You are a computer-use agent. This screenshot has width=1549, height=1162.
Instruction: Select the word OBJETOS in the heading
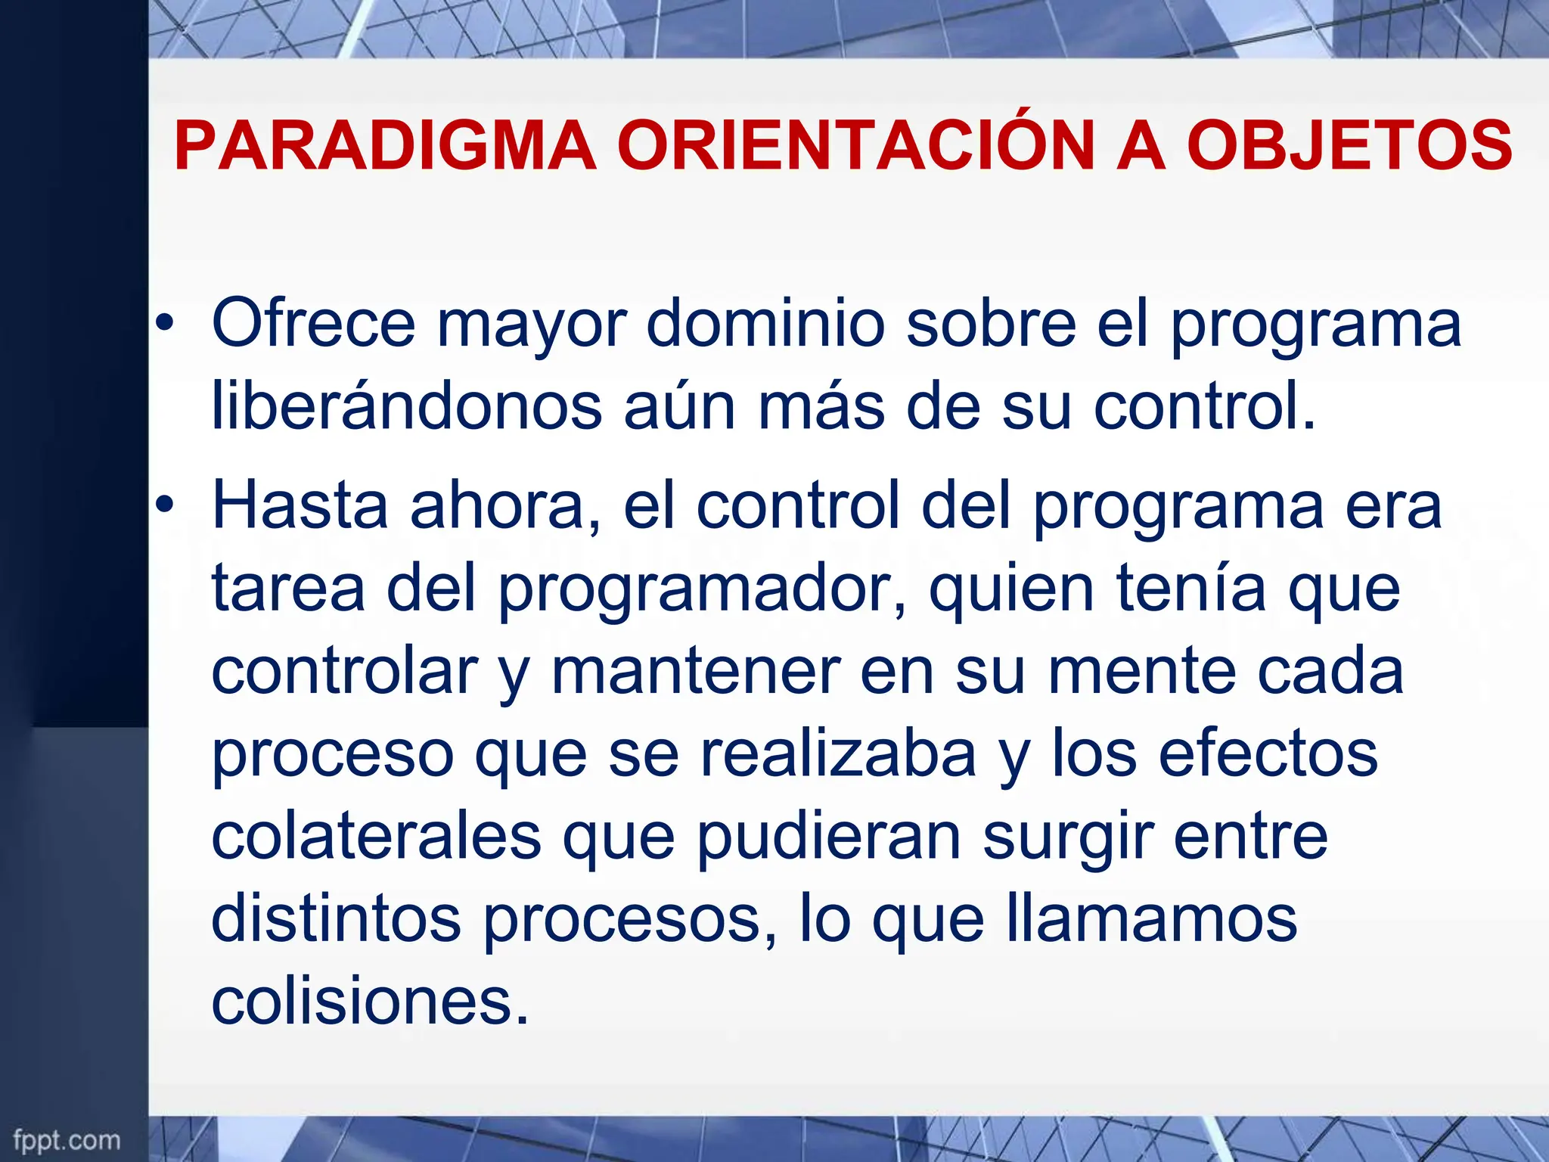(x=1349, y=146)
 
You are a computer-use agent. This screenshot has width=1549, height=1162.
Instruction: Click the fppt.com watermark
(x=67, y=1139)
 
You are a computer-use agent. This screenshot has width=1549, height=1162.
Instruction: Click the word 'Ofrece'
(x=313, y=324)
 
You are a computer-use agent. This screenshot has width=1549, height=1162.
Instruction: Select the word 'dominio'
(x=765, y=324)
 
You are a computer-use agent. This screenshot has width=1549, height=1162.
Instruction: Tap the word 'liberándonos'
(x=407, y=407)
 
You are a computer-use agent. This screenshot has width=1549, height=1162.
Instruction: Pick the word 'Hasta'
(x=300, y=505)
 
